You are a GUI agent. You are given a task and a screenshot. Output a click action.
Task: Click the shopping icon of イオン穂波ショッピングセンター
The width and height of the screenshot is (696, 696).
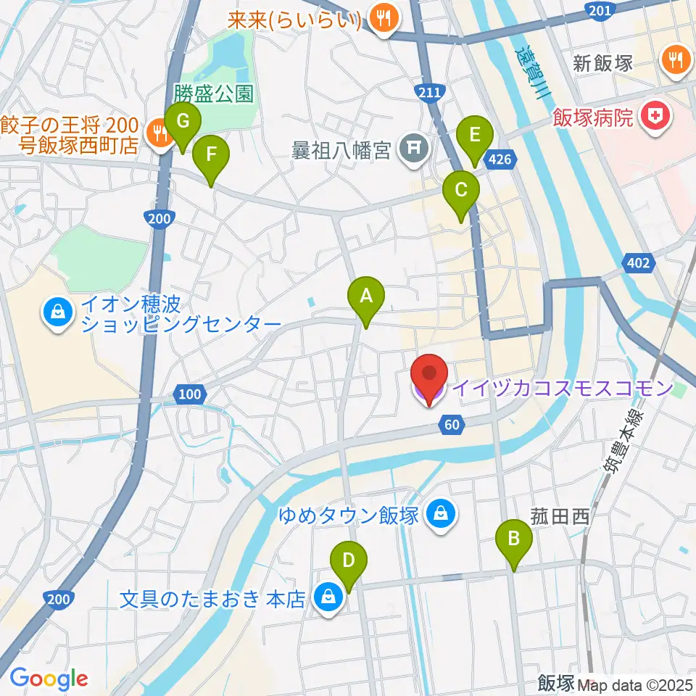(57, 312)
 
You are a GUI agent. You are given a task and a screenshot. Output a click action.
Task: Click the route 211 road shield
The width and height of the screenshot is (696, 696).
(429, 91)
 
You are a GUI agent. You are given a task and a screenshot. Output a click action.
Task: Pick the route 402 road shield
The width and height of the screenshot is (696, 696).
(638, 264)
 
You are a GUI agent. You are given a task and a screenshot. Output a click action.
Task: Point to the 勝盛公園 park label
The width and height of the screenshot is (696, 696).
(213, 94)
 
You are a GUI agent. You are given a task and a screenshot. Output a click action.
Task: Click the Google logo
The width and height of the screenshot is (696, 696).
(49, 679)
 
